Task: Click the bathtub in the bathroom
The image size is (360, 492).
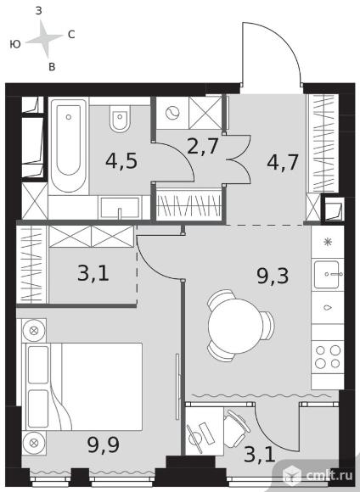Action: click(x=69, y=146)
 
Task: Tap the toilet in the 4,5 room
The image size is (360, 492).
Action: click(x=120, y=119)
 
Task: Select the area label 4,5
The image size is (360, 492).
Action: click(x=121, y=161)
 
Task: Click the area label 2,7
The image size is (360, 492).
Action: click(x=203, y=146)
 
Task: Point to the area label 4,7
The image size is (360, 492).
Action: click(x=283, y=162)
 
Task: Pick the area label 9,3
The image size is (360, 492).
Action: click(x=273, y=277)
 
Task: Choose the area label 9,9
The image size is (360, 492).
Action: click(x=104, y=444)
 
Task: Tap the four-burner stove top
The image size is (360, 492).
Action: click(x=328, y=356)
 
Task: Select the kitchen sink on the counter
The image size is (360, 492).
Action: click(x=327, y=274)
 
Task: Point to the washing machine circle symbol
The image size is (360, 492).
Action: click(x=172, y=113)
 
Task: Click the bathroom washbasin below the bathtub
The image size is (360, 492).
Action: click(x=120, y=208)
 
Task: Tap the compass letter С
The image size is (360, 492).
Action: click(x=71, y=35)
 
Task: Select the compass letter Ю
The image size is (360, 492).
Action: click(x=15, y=44)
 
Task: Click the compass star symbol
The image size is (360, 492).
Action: click(x=44, y=39)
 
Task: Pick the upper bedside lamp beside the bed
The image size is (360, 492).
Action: click(x=34, y=331)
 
